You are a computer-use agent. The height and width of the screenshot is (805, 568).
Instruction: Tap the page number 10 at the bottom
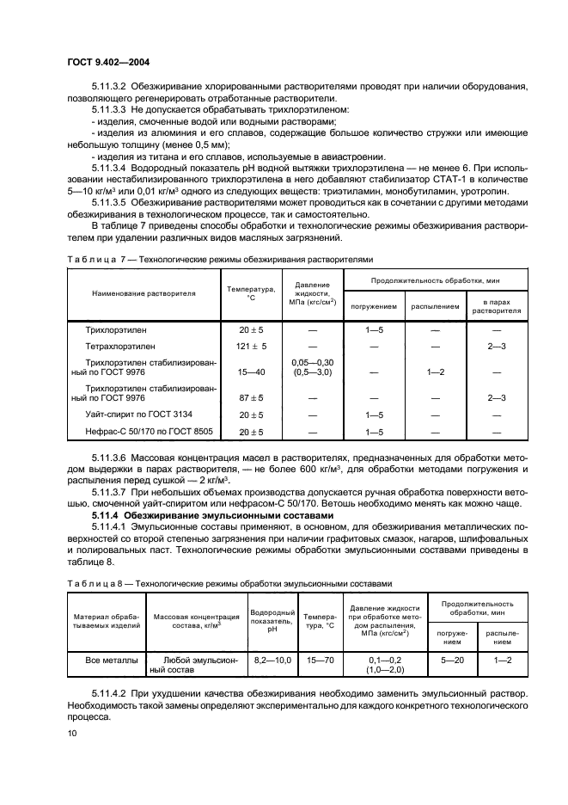[x=73, y=732]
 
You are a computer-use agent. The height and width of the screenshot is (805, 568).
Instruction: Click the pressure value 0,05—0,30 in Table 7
[x=313, y=363]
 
